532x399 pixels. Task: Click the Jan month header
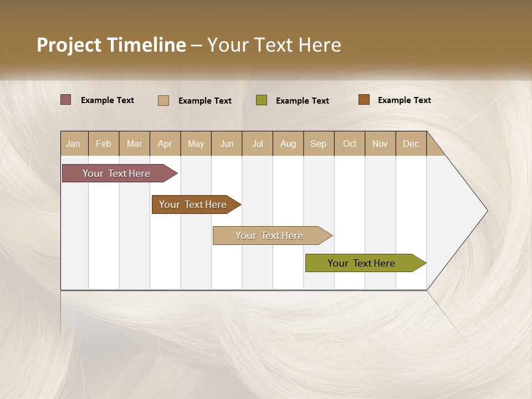pyautogui.click(x=74, y=144)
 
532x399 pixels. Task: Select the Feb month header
pyautogui.click(x=104, y=144)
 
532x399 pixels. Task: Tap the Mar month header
pyautogui.click(x=134, y=144)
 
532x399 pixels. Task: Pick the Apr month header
pyautogui.click(x=165, y=144)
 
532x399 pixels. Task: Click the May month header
pyautogui.click(x=196, y=144)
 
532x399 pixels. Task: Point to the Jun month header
pyautogui.click(x=227, y=144)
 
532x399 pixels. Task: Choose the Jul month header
pyautogui.click(x=257, y=144)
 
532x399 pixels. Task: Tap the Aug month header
pyautogui.click(x=288, y=144)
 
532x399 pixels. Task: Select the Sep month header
pyautogui.click(x=319, y=144)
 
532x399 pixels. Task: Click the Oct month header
pyautogui.click(x=350, y=144)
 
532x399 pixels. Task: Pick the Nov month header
pyautogui.click(x=380, y=144)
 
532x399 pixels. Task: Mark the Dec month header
pyautogui.click(x=411, y=144)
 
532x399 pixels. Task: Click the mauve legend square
pyautogui.click(x=66, y=100)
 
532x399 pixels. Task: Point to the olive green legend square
pyautogui.click(x=262, y=100)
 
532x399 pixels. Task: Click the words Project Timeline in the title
pyautogui.click(x=111, y=45)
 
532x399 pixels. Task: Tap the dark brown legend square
pyautogui.click(x=364, y=100)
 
